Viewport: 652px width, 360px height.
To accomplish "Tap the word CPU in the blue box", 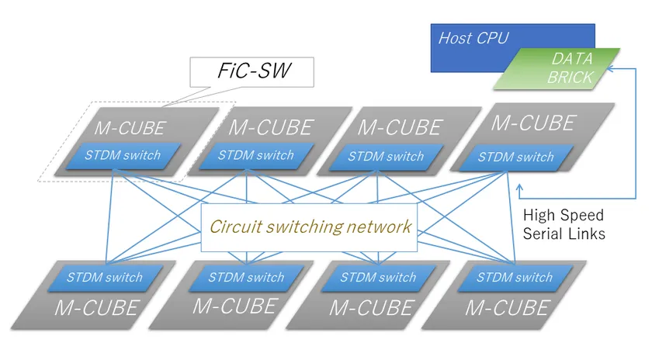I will click(494, 37).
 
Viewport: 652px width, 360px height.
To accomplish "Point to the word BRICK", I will click(570, 78).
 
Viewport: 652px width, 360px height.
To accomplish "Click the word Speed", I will click(581, 215).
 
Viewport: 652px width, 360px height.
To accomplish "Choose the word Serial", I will click(545, 234).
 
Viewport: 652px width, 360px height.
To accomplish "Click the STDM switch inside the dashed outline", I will click(123, 155).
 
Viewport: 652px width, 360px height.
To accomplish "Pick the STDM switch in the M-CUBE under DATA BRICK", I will click(515, 157).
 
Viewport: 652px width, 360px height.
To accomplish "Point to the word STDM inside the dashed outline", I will click(102, 155).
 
